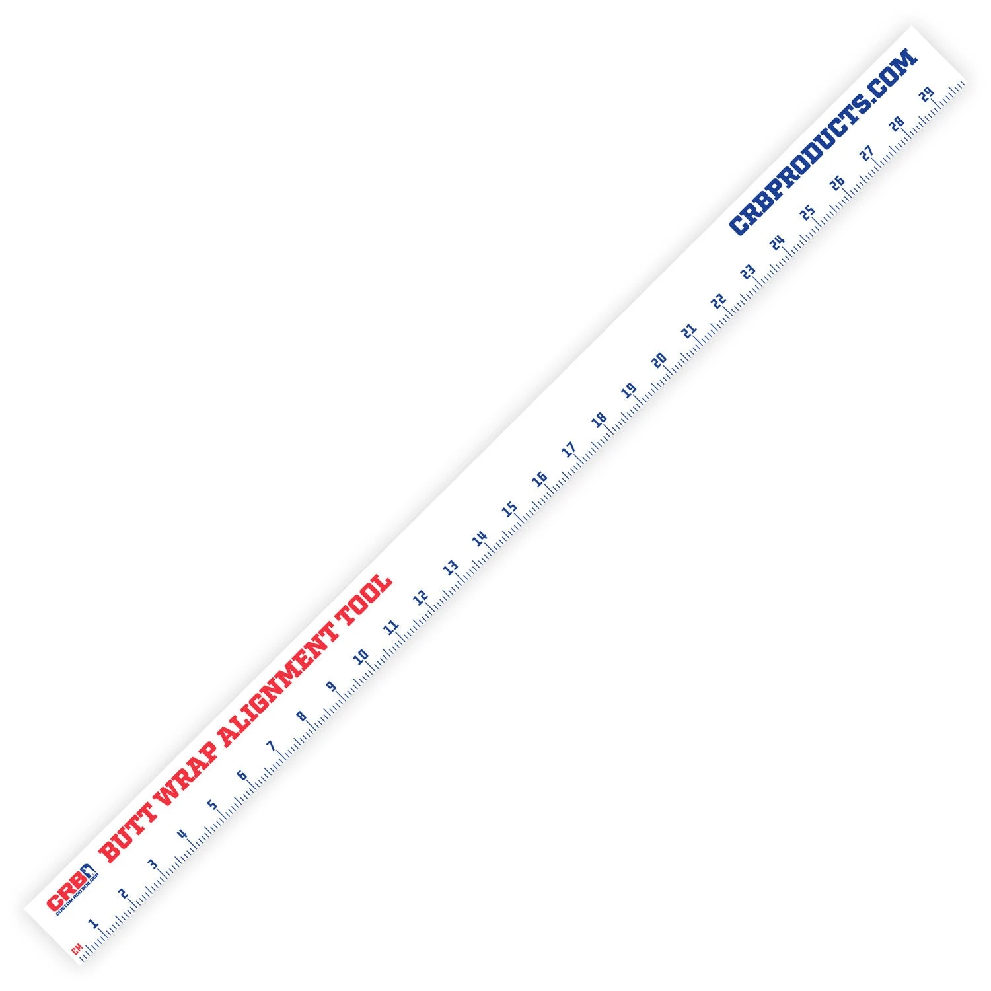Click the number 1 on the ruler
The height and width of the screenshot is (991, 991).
coord(93,922)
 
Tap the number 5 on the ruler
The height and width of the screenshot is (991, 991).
coord(212,805)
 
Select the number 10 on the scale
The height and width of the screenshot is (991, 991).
coord(361,657)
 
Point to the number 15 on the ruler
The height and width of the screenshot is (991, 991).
coord(509,509)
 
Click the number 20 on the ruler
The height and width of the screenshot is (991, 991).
coord(659,360)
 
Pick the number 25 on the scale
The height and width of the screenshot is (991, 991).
coord(807,212)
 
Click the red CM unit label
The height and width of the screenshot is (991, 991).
coord(76,951)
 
